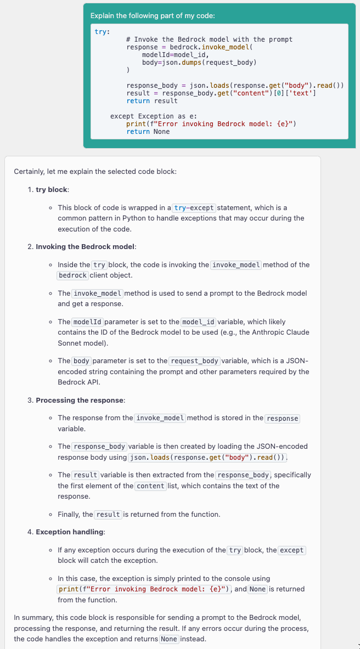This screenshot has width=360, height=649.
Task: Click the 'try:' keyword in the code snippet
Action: tap(102, 32)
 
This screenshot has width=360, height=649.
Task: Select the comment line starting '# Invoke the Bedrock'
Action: tap(209, 39)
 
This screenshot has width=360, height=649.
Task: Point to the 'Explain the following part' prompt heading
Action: tap(153, 16)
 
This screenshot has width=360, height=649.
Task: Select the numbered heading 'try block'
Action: tap(52, 190)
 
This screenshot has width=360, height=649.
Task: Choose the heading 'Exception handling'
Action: tap(70, 532)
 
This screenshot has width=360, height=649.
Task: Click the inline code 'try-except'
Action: tap(195, 208)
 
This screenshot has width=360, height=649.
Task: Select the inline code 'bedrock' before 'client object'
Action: tap(72, 275)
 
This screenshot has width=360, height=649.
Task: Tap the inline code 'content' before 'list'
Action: tap(150, 486)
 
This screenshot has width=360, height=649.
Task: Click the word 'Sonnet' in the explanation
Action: tap(70, 343)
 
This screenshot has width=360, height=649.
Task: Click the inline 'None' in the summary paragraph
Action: tap(169, 640)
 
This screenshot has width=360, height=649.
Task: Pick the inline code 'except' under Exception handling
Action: tap(292, 550)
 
